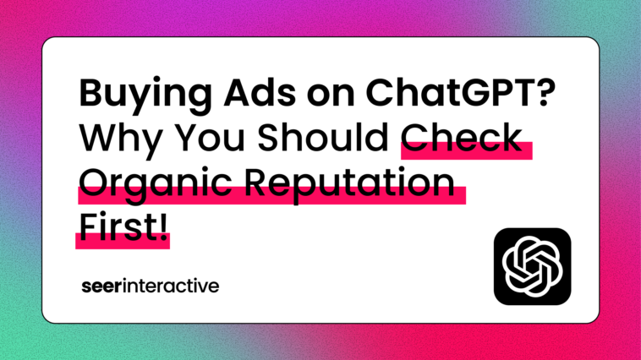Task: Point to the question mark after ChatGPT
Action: [545, 93]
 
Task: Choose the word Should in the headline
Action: [323, 137]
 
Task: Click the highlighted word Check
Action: [462, 137]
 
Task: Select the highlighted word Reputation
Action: [349, 183]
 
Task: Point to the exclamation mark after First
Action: [163, 227]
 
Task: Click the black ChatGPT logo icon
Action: [532, 266]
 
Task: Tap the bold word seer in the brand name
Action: [101, 286]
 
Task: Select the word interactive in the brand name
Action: [171, 286]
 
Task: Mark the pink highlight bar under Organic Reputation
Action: [271, 196]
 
